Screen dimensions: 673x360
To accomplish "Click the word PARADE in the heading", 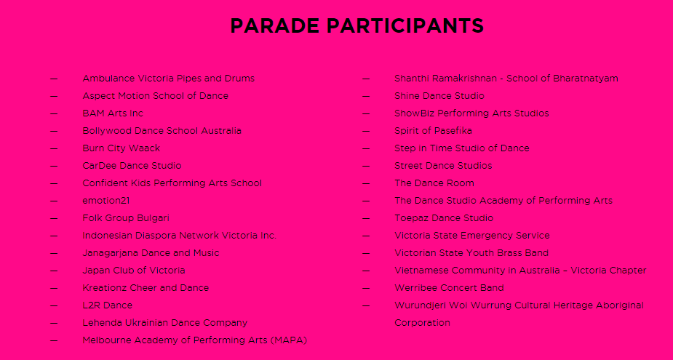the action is coord(275,25).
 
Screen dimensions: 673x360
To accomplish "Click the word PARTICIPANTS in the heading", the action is coord(405,25).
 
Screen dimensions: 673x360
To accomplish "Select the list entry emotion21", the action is coord(106,201).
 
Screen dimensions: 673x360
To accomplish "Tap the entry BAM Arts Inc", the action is coord(113,113).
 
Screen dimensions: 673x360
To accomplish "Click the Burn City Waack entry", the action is coord(122,148).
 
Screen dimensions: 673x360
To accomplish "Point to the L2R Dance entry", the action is coord(107,305).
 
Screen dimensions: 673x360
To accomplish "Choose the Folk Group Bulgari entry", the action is coord(126,218).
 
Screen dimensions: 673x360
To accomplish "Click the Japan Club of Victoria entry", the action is coord(134,271).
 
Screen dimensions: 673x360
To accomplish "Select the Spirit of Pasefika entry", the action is coord(433,130).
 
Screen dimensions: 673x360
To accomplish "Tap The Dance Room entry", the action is coord(434,183).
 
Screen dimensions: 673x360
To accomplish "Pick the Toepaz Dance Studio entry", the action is coord(444,218).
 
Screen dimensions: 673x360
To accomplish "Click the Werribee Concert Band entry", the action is coord(449,287).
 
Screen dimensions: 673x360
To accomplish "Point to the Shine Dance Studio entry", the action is coord(439,96).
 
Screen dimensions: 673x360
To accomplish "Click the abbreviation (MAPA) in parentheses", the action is coord(289,340).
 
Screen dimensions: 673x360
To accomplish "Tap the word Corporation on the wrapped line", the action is coord(422,323).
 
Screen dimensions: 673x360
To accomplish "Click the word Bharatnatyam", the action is coord(586,79).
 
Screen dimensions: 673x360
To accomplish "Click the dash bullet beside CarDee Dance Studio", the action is coord(54,166).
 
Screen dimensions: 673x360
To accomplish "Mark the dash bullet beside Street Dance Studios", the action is coord(366,166).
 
